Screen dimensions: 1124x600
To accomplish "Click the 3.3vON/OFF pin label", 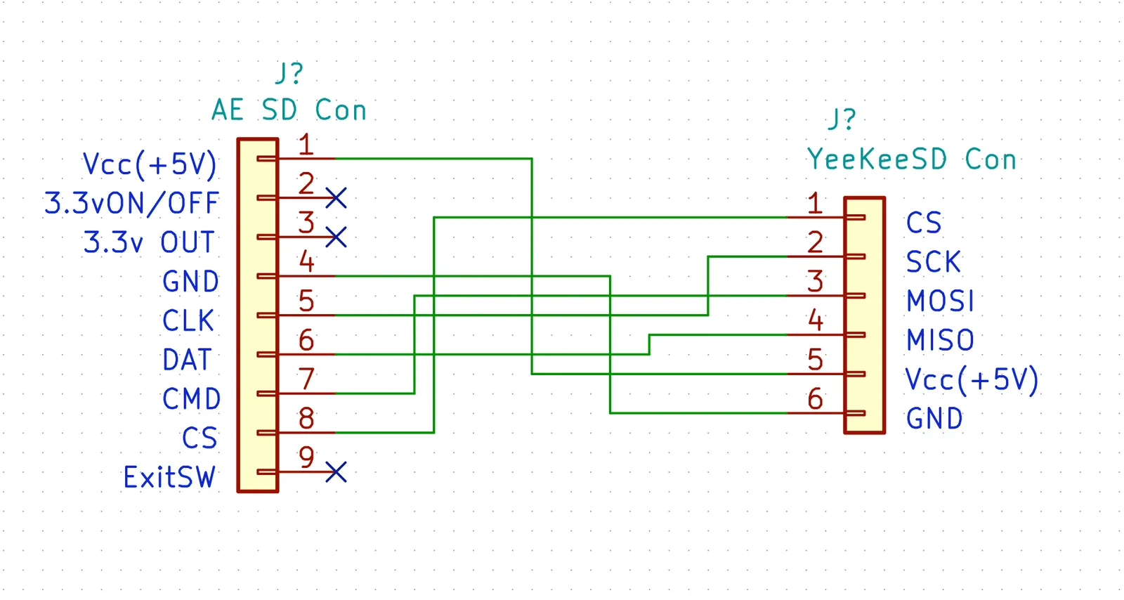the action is click(x=131, y=203).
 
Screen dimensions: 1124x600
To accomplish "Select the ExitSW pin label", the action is click(x=169, y=477).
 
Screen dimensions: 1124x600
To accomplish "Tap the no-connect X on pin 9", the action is click(x=336, y=472).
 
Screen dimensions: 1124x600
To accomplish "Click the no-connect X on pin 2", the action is click(x=336, y=197).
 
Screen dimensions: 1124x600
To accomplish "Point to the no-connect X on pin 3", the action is click(x=336, y=237).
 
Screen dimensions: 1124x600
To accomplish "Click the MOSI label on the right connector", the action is click(x=940, y=301).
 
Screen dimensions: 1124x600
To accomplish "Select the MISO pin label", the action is click(x=940, y=340).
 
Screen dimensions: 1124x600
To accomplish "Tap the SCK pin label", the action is click(x=934, y=262).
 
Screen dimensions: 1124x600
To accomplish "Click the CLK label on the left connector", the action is click(x=188, y=320).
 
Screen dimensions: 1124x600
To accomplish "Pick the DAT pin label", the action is click(x=187, y=360).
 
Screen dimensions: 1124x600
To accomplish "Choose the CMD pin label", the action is click(x=191, y=399).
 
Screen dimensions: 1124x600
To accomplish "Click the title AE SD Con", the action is click(x=289, y=110).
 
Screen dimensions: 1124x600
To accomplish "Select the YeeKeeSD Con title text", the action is click(x=911, y=159).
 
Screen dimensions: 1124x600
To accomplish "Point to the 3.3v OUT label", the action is click(x=149, y=242).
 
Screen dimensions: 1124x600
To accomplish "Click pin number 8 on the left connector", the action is click(x=306, y=418).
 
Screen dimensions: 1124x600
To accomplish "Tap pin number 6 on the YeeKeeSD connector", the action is click(x=815, y=399).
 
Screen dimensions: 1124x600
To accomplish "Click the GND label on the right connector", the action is click(x=934, y=419).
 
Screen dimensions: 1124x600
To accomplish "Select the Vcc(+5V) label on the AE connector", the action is click(x=150, y=164).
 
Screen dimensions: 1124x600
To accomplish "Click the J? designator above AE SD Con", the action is click(x=289, y=73).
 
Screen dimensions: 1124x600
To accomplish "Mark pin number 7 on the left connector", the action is click(x=306, y=379).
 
